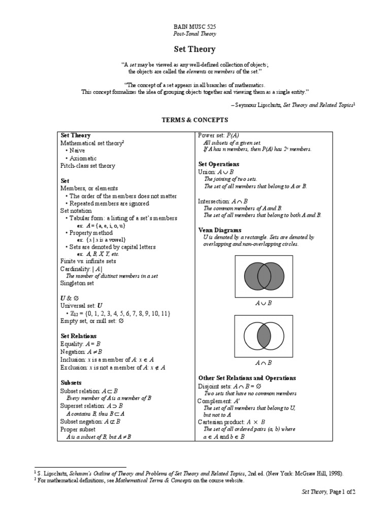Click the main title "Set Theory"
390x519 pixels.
point(195,49)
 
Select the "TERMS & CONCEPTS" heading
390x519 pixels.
point(195,120)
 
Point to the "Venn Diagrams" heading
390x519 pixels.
point(219,230)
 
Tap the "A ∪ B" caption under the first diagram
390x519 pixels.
point(263,303)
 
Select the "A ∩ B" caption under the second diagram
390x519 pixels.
point(263,363)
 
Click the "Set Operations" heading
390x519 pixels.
point(218,164)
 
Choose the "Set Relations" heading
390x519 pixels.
point(78,336)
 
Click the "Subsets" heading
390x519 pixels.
point(71,383)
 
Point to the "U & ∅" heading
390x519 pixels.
point(70,298)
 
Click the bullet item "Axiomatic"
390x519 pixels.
point(83,158)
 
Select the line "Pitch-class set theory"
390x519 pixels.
point(87,166)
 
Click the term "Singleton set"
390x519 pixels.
point(77,283)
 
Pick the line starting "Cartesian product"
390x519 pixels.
point(231,422)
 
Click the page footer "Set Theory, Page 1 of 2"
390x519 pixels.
point(325,492)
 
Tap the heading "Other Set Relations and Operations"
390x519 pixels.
point(247,378)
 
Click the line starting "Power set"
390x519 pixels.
point(218,135)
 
